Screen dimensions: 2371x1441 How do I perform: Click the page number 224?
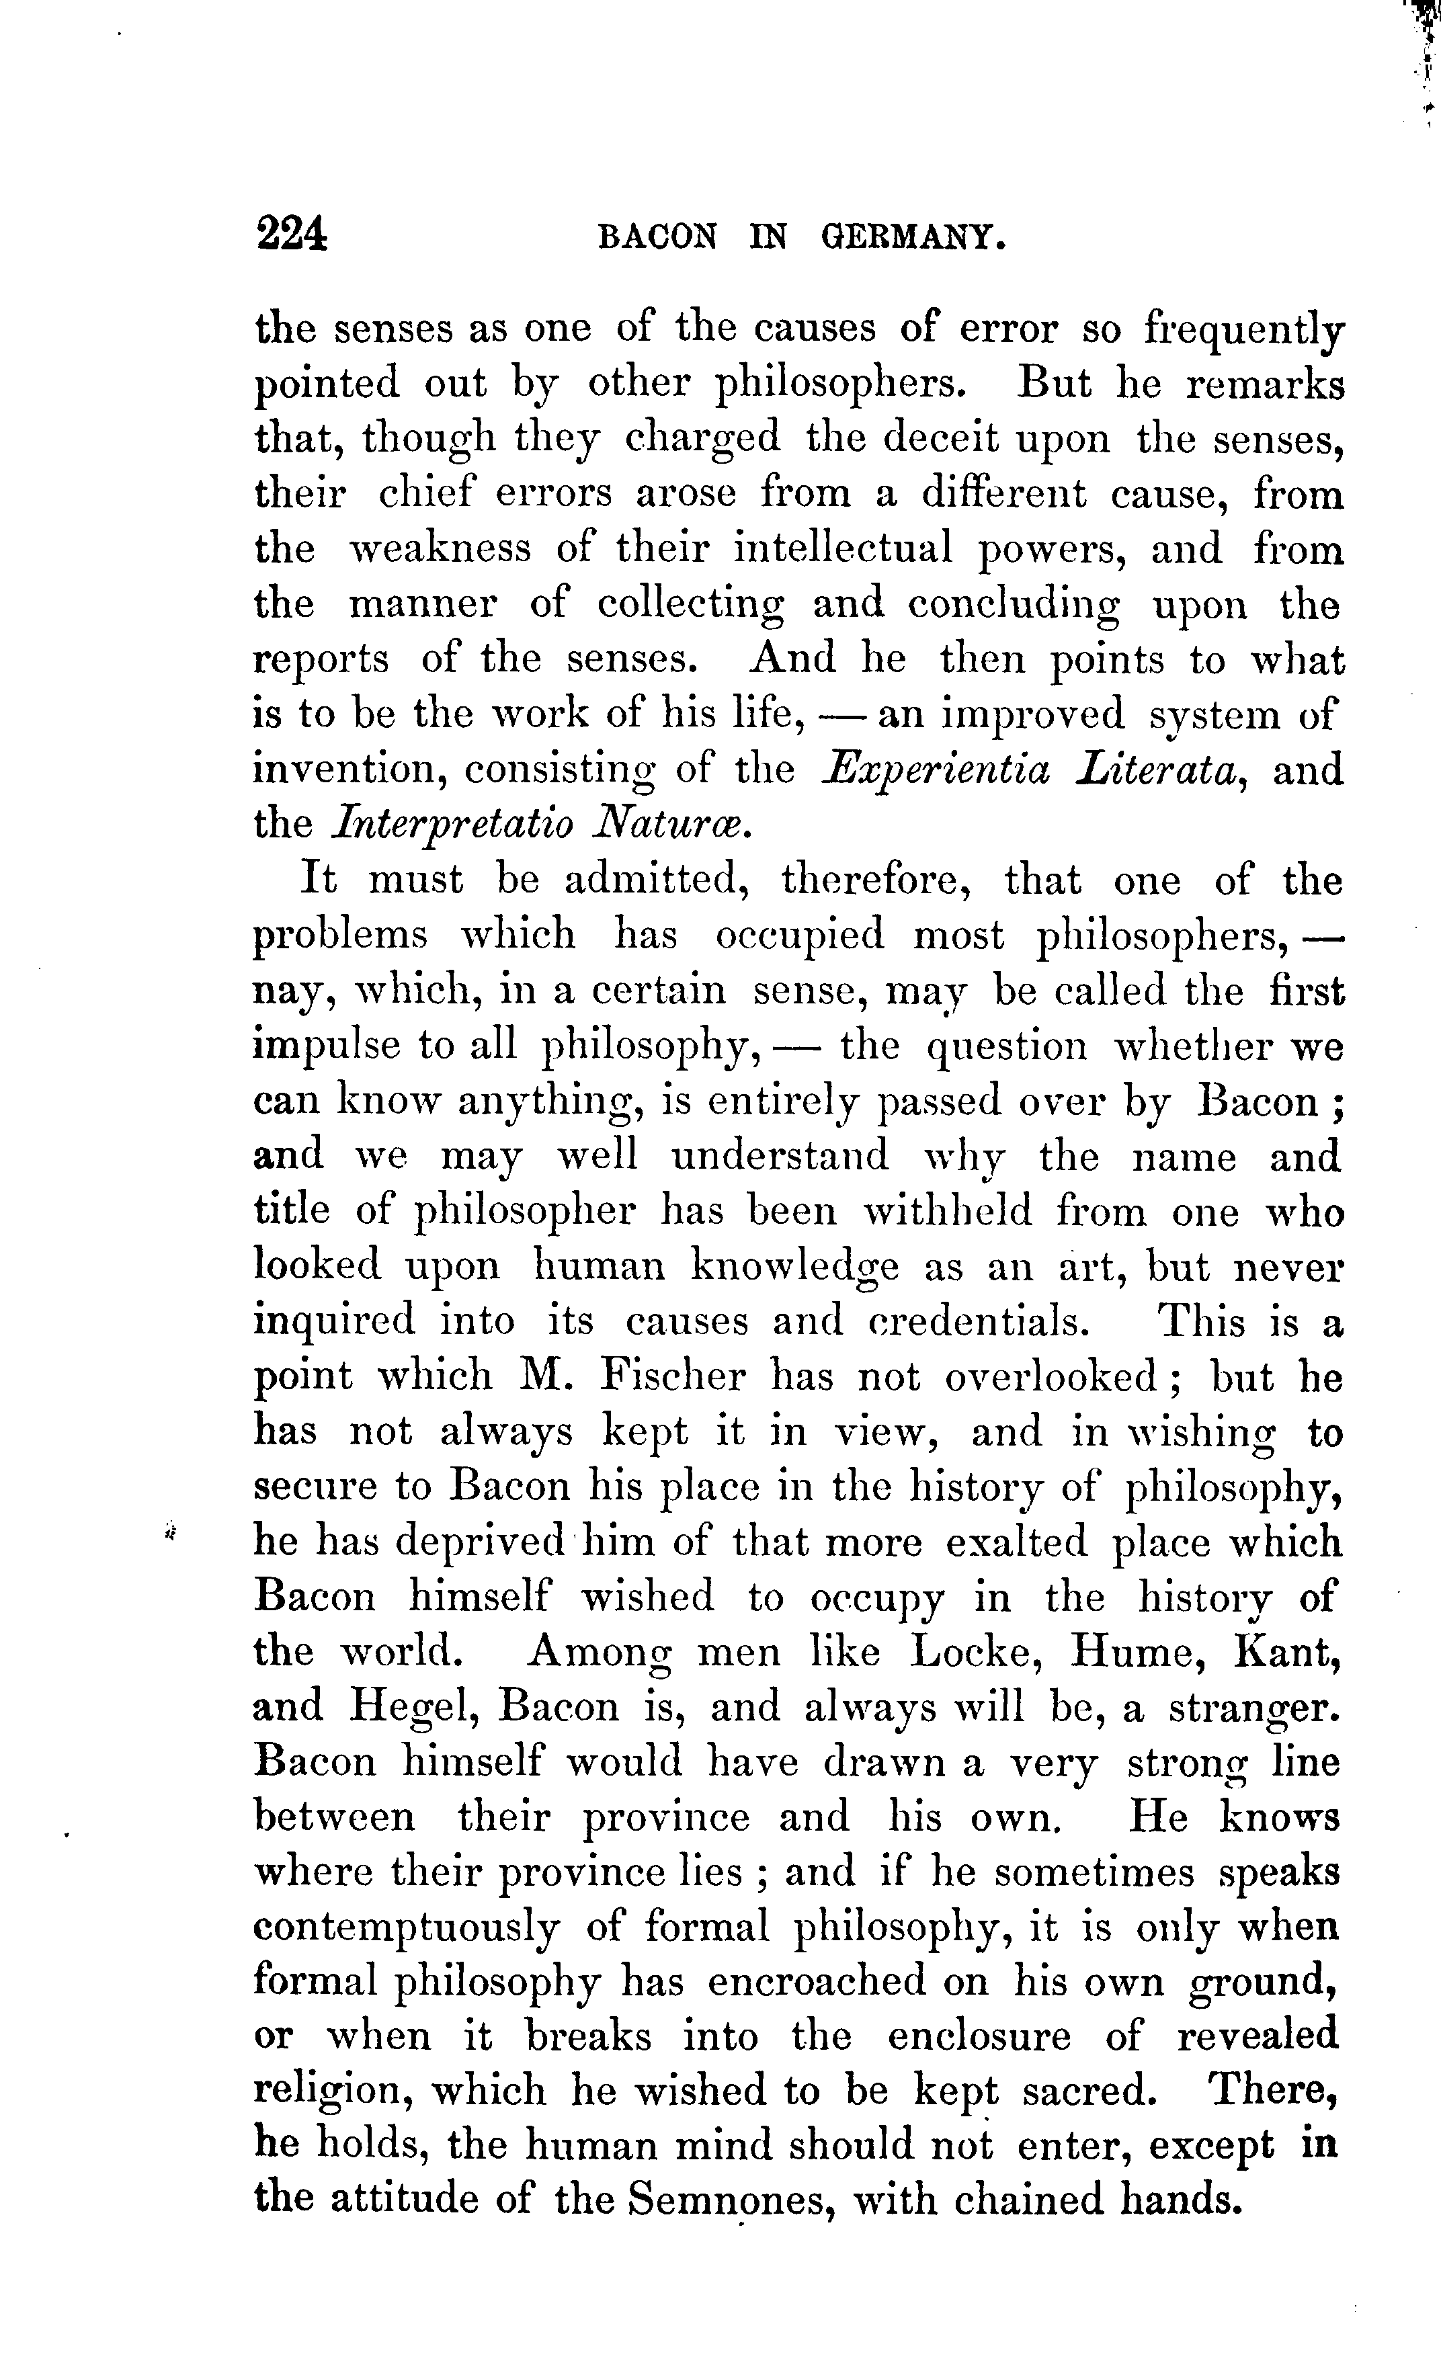pyautogui.click(x=292, y=234)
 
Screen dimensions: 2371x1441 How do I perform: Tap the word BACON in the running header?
pyautogui.click(x=657, y=238)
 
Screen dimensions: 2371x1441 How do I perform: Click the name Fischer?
pyautogui.click(x=672, y=1377)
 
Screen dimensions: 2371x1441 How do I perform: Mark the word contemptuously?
pyautogui.click(x=406, y=1927)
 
